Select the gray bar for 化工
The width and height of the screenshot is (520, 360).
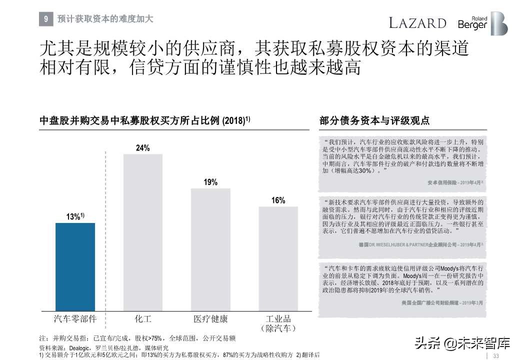point(142,232)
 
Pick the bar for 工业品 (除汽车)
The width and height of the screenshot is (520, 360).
point(278,258)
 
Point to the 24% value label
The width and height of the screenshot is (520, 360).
point(142,148)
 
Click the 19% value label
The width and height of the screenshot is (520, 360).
point(210,182)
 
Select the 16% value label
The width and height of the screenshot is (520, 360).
point(278,200)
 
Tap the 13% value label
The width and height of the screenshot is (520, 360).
point(74,217)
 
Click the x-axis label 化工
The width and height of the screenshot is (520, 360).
point(142,319)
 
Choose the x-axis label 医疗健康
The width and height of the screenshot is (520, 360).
point(210,319)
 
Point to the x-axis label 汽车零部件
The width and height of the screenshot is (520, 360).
point(75,319)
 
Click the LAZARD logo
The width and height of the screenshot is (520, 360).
point(417,23)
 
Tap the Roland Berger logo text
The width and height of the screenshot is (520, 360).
point(472,23)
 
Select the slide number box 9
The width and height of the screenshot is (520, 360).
point(45,19)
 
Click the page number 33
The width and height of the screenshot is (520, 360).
point(496,355)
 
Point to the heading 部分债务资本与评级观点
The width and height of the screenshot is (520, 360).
point(374,121)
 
